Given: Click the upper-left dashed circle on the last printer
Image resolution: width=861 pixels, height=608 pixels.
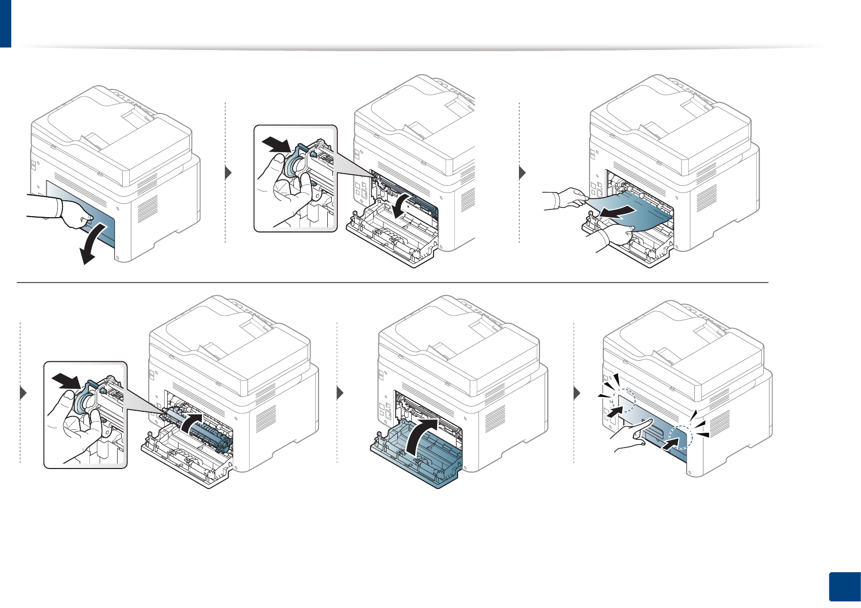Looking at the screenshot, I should tap(623, 399).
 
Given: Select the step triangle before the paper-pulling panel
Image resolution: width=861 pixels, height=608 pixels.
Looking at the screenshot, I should tap(522, 173).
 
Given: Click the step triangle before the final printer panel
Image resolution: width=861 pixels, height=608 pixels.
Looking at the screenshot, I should tap(577, 393).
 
